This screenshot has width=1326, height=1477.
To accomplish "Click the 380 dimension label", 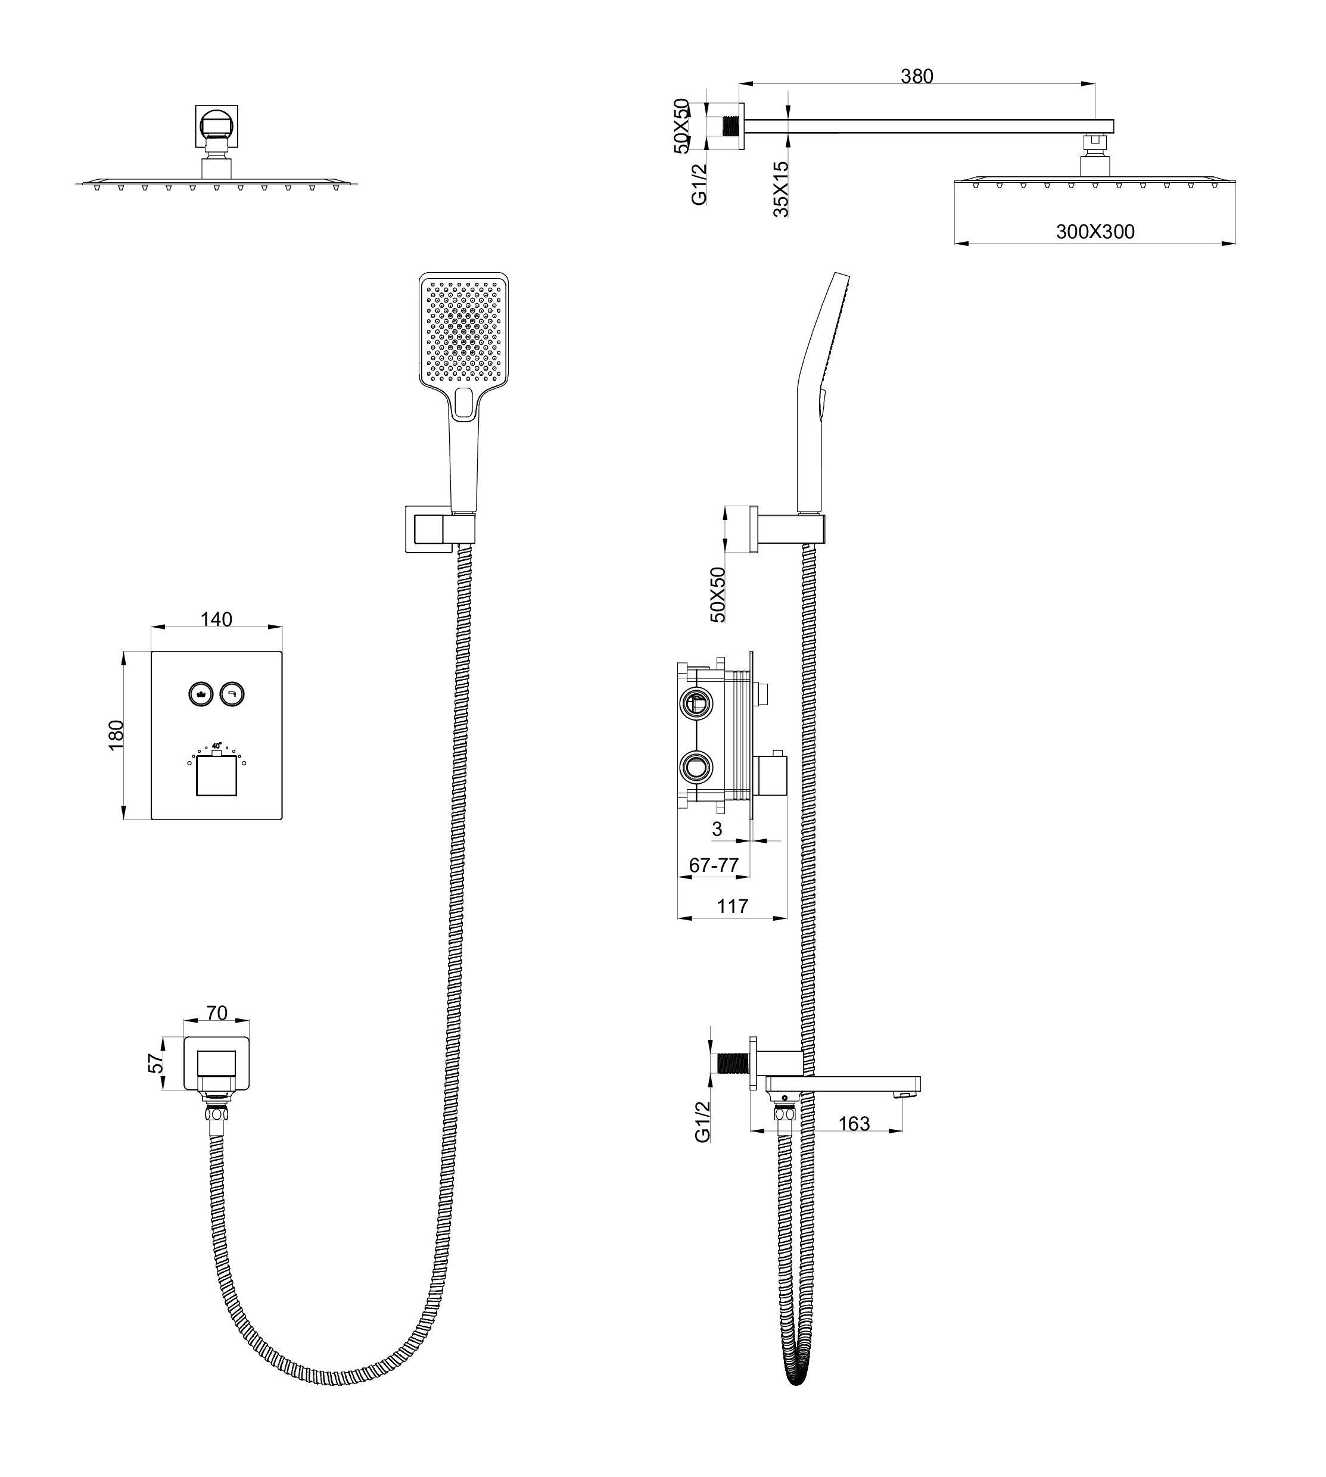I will click(x=917, y=76).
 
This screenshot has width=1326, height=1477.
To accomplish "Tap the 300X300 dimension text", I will click(x=1095, y=232).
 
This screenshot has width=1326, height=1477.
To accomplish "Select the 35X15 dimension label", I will click(x=781, y=189).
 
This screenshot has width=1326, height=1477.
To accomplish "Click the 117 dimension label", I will click(x=732, y=906).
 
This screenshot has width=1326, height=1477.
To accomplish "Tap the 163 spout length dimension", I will click(x=854, y=1124).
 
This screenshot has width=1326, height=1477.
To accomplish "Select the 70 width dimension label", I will click(x=217, y=1013).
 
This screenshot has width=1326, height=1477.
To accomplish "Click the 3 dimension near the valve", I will click(x=717, y=829).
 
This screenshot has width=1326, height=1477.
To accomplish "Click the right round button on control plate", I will click(x=232, y=693).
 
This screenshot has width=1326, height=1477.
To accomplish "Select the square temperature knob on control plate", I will click(x=216, y=775).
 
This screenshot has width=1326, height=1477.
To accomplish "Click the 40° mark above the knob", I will click(x=216, y=746).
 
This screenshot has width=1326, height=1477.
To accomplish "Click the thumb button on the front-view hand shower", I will click(x=464, y=403).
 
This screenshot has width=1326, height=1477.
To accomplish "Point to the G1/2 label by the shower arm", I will click(x=700, y=184).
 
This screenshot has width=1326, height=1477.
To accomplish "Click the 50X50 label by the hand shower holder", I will click(x=718, y=594).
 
